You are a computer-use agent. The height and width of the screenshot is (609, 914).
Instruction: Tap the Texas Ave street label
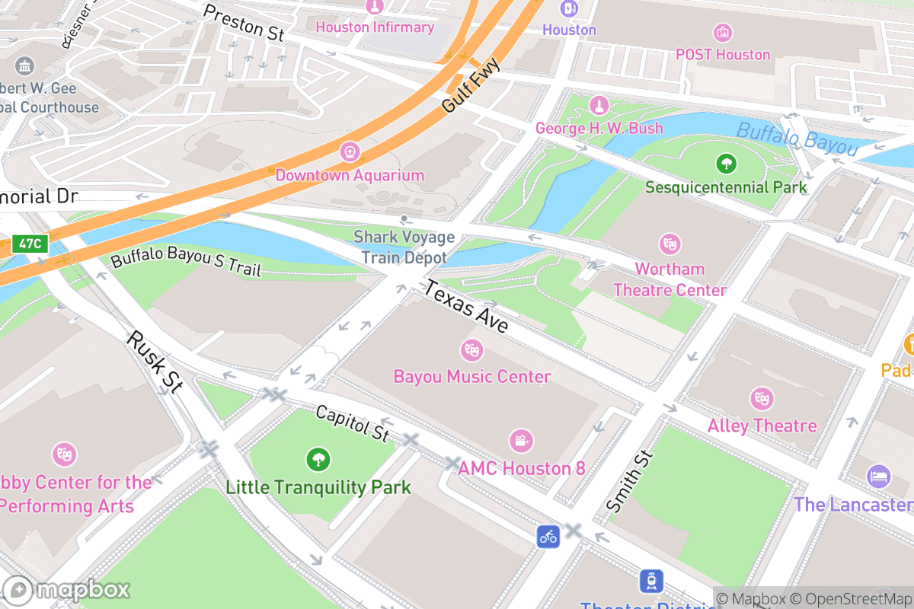pos(466,307)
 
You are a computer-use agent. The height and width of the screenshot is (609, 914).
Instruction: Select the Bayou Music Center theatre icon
pos(472,351)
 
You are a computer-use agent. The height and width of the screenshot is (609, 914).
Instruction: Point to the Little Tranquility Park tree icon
pos(318,460)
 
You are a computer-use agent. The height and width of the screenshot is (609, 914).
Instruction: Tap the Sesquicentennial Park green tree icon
pos(726,163)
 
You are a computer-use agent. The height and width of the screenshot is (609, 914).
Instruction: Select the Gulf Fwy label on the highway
pos(471,86)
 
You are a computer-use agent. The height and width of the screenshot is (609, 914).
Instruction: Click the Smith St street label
pos(630,481)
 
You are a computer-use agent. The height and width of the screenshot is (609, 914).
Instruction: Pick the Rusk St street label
pos(155,362)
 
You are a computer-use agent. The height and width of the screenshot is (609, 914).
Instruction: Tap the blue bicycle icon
pos(548,536)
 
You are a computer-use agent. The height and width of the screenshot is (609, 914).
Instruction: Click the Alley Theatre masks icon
pos(761,399)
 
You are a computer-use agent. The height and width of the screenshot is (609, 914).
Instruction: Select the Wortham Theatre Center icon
pos(670,244)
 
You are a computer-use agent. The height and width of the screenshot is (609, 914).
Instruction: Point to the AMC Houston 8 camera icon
pos(521,441)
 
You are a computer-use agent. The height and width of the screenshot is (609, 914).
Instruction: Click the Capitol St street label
pos(352,424)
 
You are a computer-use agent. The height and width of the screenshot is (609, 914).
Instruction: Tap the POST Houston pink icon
pos(723,33)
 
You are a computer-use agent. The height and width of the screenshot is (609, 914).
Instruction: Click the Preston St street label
pos(244,22)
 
